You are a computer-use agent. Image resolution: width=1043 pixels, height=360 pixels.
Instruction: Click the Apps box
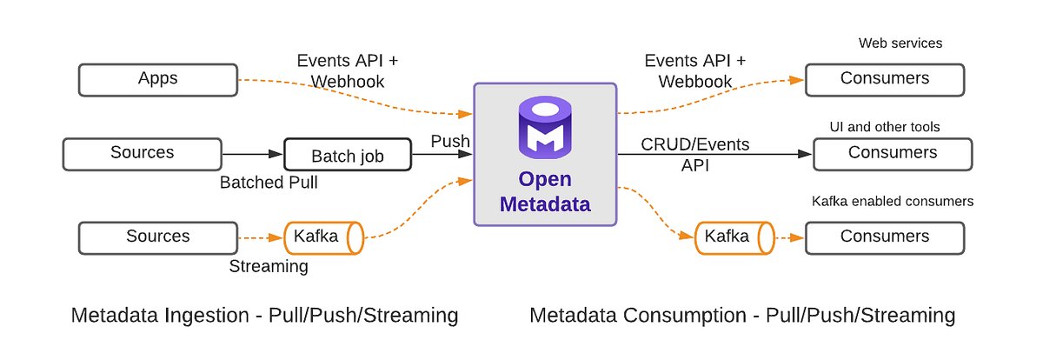coord(157,79)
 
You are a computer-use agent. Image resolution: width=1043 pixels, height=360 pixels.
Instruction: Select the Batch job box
coord(347,157)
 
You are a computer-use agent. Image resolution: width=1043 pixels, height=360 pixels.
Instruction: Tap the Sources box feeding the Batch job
coord(142,153)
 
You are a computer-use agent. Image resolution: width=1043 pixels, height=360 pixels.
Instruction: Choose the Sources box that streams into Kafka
coord(157,237)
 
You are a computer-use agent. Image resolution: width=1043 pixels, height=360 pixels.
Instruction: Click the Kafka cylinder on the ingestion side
coord(322,237)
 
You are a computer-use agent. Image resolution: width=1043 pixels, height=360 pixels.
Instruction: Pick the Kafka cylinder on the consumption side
coord(734,237)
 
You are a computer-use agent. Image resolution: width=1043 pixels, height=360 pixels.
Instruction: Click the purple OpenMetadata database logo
coord(544,129)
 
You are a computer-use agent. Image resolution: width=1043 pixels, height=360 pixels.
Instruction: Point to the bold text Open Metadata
coord(545,193)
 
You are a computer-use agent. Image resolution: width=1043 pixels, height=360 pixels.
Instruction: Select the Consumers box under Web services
coord(884,79)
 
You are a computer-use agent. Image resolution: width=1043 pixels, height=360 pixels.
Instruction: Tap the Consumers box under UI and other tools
coord(893,153)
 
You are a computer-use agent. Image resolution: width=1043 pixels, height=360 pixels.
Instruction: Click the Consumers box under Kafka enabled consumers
coord(884,237)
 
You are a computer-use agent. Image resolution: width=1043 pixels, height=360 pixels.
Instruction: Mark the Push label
coord(450,141)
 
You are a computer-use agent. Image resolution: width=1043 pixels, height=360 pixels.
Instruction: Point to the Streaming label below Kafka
coord(268,266)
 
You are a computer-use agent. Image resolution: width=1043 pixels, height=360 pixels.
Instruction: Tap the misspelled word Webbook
coord(694,82)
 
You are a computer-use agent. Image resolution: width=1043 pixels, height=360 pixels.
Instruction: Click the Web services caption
coord(900,43)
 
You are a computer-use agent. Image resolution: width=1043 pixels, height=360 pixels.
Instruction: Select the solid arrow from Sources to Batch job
coord(253,154)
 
